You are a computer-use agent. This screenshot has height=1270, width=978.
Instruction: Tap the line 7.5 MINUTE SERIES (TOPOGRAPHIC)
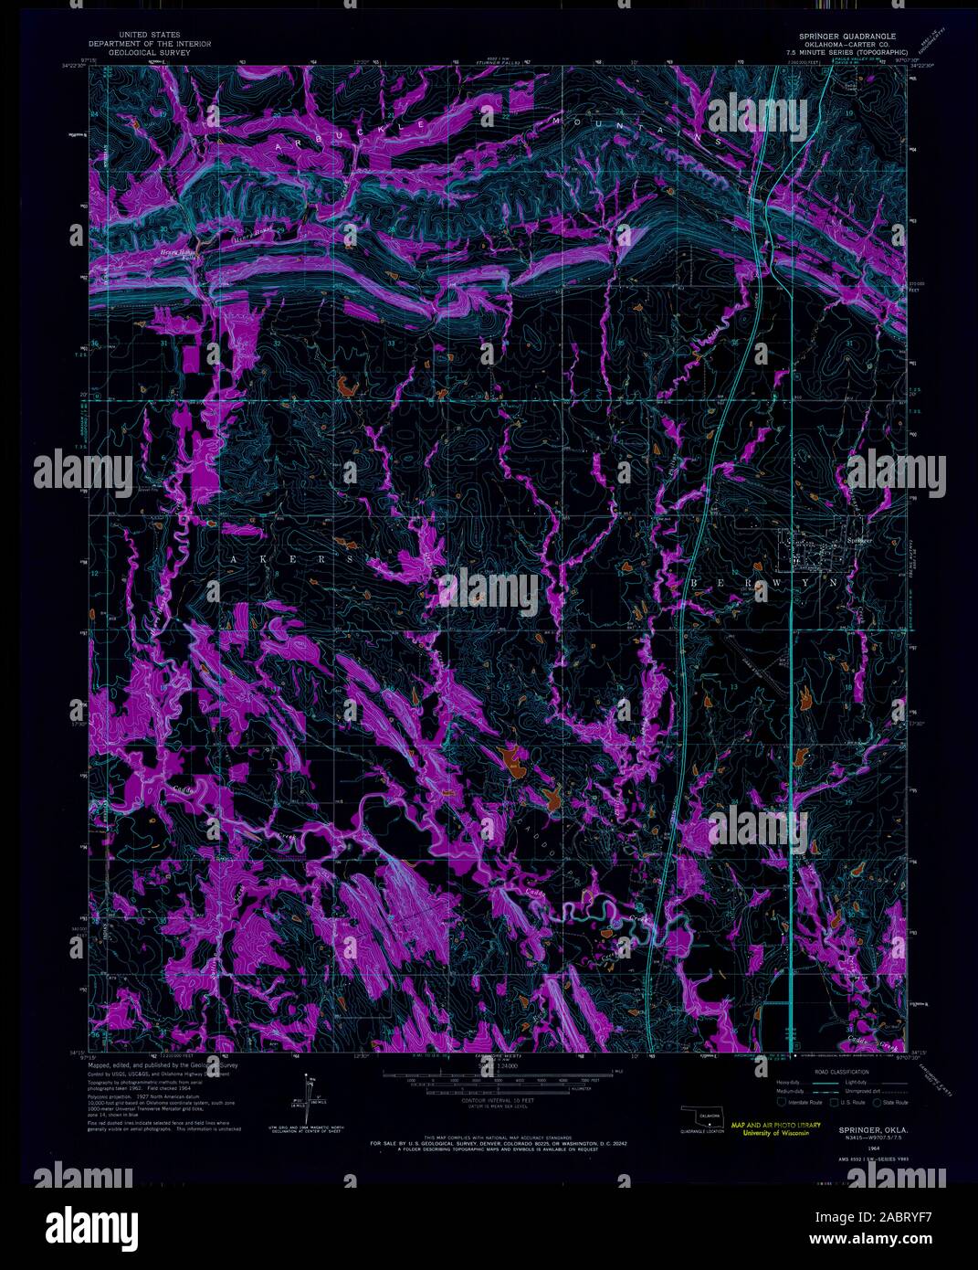[x=842, y=51]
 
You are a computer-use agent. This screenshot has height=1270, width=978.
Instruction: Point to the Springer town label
[x=860, y=540]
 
